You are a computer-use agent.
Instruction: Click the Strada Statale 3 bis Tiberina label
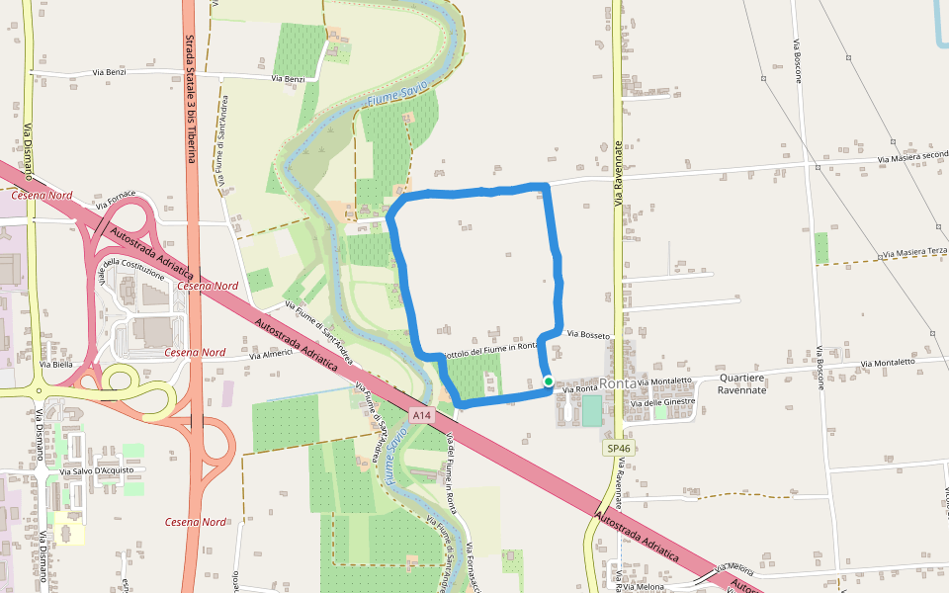191,99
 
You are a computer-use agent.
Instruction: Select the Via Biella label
56,365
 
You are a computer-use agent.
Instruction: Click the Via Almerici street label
271,353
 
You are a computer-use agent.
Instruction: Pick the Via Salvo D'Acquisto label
94,471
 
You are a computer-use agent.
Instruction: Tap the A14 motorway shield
422,416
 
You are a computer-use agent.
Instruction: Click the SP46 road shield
619,449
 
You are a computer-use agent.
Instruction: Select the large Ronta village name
618,383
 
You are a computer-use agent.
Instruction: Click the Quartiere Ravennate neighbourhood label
743,383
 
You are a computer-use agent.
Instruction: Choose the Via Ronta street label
580,389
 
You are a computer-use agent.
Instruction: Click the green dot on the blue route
549,381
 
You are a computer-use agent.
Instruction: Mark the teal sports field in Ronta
591,410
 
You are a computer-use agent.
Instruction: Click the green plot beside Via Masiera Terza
821,248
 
